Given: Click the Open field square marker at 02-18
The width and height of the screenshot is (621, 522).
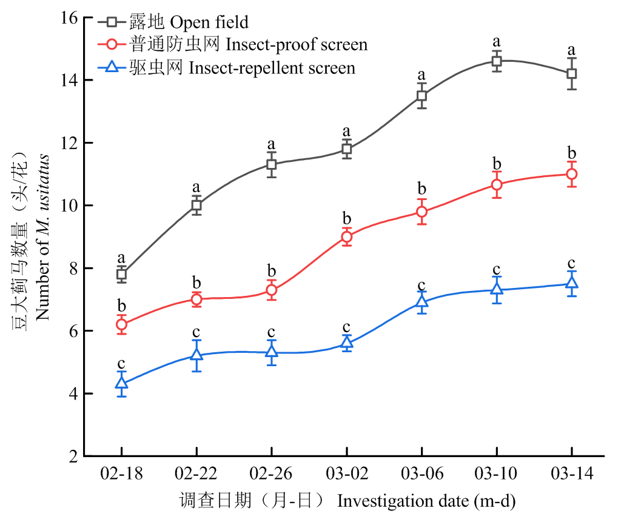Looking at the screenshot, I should pyautogui.click(x=121, y=274).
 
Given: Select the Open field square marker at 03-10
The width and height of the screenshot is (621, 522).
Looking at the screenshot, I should pyautogui.click(x=497, y=61).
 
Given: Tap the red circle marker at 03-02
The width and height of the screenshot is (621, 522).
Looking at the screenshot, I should pyautogui.click(x=346, y=236).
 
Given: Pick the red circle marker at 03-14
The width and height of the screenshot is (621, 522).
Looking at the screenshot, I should pyautogui.click(x=571, y=174).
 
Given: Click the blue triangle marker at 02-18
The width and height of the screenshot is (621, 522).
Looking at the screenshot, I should pyautogui.click(x=121, y=383).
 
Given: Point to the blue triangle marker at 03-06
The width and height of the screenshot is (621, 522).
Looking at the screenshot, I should pyautogui.click(x=421, y=302).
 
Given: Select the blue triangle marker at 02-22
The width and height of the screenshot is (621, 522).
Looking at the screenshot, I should pyautogui.click(x=196, y=355).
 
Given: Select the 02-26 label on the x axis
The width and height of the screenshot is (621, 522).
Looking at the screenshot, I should pyautogui.click(x=271, y=473).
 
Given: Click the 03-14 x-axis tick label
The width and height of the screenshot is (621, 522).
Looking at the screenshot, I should pyautogui.click(x=571, y=473).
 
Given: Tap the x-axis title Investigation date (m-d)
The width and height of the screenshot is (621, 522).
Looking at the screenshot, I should pyautogui.click(x=426, y=501).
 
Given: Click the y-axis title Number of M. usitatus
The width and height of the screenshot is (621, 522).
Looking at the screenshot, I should pyautogui.click(x=42, y=238).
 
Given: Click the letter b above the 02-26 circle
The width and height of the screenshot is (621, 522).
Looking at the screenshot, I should pyautogui.click(x=271, y=269).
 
